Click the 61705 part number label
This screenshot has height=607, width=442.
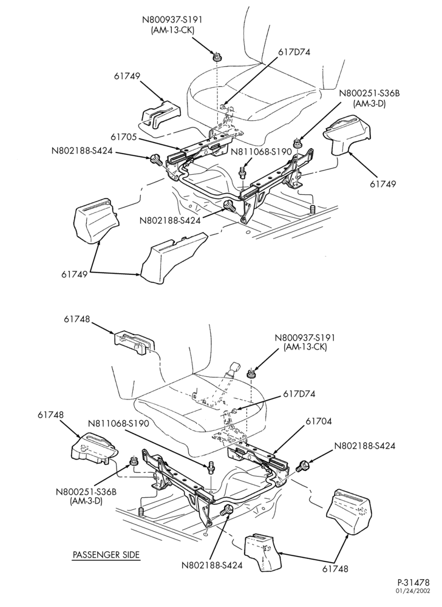123,137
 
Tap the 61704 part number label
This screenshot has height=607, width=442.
319,421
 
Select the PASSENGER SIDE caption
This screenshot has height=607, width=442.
106,555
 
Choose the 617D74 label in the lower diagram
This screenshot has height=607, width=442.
299,394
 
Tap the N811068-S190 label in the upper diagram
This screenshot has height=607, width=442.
261,152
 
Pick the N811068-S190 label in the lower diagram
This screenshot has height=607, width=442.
118,424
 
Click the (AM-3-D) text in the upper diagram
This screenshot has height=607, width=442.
369,104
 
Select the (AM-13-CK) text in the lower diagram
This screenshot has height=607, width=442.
305,347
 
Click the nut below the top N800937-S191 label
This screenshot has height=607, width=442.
217,56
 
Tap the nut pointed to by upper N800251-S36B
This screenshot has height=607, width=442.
297,143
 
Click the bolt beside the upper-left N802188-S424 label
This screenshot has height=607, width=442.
155,159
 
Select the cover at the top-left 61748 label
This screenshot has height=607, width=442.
134,342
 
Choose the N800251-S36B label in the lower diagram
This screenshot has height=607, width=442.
86,492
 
